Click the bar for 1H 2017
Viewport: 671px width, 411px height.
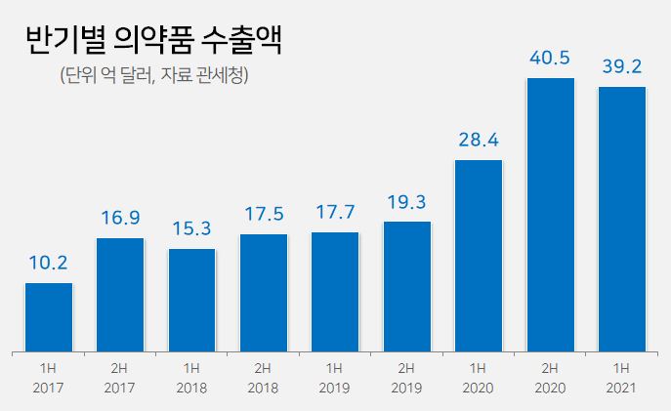tap(49, 316)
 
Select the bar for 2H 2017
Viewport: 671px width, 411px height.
tap(120, 294)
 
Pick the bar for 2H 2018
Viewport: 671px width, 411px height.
tap(264, 292)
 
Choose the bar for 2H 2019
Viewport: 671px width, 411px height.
tap(407, 285)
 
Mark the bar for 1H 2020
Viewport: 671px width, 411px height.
tap(479, 255)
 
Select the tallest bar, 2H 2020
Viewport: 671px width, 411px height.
tap(550, 214)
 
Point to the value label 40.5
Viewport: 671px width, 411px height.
tap(550, 58)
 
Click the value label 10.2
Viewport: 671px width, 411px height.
tap(49, 263)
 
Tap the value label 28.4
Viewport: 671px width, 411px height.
tap(479, 140)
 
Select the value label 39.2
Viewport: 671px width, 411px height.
tap(622, 66)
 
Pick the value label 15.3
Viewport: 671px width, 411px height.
tap(191, 228)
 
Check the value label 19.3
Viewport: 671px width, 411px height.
tap(407, 201)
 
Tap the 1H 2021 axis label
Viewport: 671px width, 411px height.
tap(622, 378)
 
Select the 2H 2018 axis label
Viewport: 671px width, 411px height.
tap(264, 378)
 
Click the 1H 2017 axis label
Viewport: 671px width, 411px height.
tap(49, 378)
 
